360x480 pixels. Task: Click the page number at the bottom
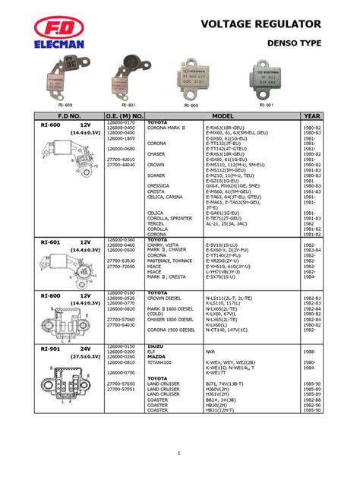coord(180,454)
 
